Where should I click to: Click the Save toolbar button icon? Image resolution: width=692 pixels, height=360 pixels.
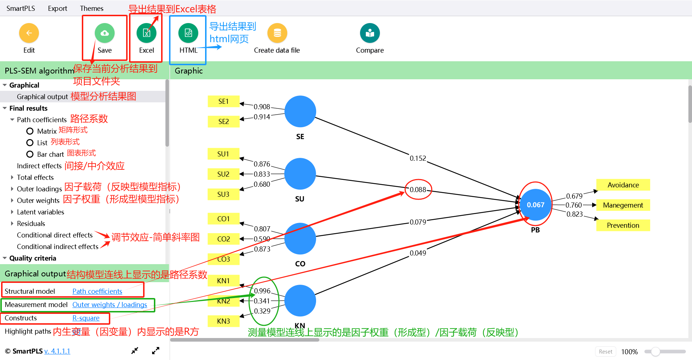pyautogui.click(x=105, y=33)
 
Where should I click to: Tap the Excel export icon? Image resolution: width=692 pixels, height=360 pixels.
pyautogui.click(x=146, y=33)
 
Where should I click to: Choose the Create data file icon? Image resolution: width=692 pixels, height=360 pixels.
pyautogui.click(x=277, y=33)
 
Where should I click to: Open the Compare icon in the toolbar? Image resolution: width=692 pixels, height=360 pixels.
pyautogui.click(x=370, y=33)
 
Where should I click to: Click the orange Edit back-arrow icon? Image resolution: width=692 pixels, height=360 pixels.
pyautogui.click(x=29, y=33)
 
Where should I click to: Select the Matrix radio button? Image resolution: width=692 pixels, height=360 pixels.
pyautogui.click(x=30, y=131)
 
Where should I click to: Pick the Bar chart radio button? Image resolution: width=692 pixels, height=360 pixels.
pyautogui.click(x=30, y=154)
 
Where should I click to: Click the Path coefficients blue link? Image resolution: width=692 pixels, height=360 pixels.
pyautogui.click(x=97, y=291)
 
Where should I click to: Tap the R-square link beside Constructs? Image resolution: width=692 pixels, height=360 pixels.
pyautogui.click(x=86, y=318)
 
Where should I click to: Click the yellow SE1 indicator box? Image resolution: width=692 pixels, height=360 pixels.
pyautogui.click(x=223, y=101)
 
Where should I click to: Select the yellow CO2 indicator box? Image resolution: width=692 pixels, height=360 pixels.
pyautogui.click(x=223, y=239)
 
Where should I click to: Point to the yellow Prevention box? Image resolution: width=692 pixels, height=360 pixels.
pyautogui.click(x=623, y=225)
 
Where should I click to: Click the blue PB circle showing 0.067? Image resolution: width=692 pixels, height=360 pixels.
pyautogui.click(x=536, y=205)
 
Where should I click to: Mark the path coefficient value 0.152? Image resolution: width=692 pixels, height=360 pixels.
pyautogui.click(x=418, y=158)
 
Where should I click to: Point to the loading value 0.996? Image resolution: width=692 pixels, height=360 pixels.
pyautogui.click(x=262, y=291)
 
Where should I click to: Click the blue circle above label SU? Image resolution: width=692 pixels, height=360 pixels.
pyautogui.click(x=300, y=174)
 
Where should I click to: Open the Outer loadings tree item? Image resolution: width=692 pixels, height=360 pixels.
pyautogui.click(x=39, y=189)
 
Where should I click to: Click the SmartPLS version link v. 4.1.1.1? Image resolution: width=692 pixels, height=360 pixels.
pyautogui.click(x=57, y=351)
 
